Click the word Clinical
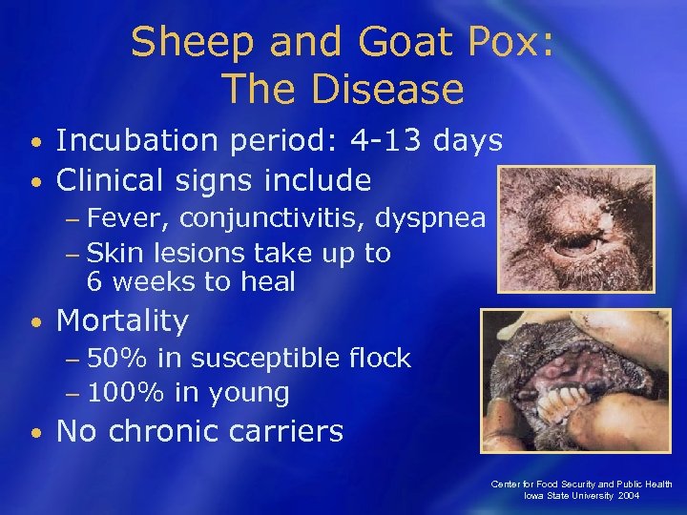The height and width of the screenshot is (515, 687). tap(112, 179)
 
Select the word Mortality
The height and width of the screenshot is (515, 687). tap(123, 320)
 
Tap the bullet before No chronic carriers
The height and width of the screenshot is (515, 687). tap(34, 433)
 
